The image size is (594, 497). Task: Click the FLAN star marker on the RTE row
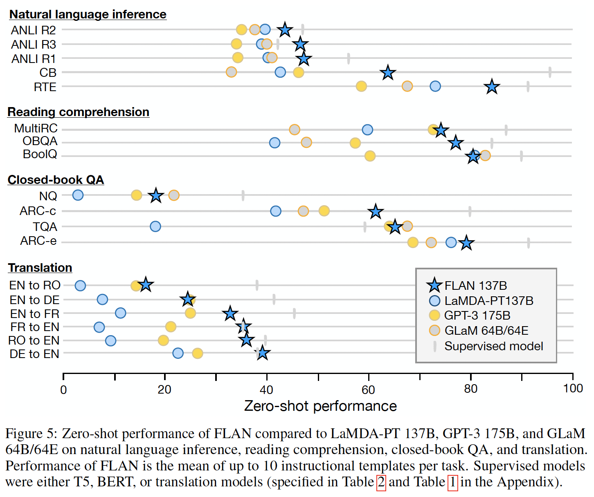tap(492, 87)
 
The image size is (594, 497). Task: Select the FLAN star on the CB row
tap(388, 73)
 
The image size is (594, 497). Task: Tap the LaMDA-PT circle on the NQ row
tap(78, 195)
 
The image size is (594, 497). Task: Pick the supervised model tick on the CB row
tap(550, 72)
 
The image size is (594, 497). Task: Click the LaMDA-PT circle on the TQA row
tap(155, 226)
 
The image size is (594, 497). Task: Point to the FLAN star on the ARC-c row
tap(376, 212)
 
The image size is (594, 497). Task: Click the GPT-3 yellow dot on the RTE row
tap(361, 86)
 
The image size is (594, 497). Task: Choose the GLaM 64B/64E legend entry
tap(486, 330)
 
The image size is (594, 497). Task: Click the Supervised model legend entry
tap(493, 346)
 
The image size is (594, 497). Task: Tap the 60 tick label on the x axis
tap(368, 390)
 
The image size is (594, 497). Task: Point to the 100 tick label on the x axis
tap(573, 388)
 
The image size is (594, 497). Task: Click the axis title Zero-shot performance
tap(320, 406)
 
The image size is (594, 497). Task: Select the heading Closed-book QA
tap(56, 180)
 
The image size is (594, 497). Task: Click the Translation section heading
tap(40, 268)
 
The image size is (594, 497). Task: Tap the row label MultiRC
tap(36, 129)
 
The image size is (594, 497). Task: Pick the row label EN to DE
tap(35, 300)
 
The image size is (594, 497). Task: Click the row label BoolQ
tap(40, 154)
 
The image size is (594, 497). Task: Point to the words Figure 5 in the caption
tap(30, 434)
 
